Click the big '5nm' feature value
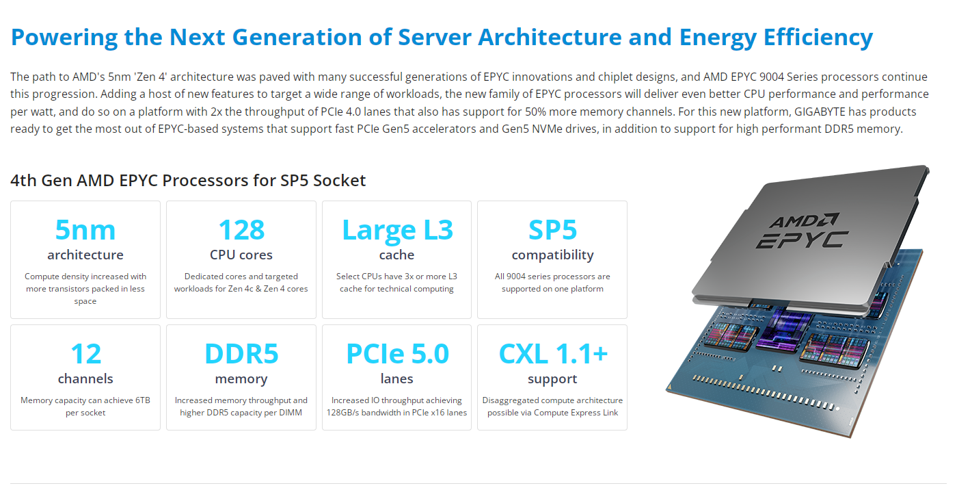point(85,230)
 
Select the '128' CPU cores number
point(241,230)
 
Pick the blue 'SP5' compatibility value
point(552,230)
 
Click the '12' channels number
point(86,354)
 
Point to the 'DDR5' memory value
point(241,354)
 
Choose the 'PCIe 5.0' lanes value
point(397,354)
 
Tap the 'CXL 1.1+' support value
point(553,354)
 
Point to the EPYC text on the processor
point(802,240)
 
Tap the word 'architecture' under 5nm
point(85,255)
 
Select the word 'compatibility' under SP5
point(553,255)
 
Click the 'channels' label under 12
point(85,378)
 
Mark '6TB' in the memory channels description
point(143,400)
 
